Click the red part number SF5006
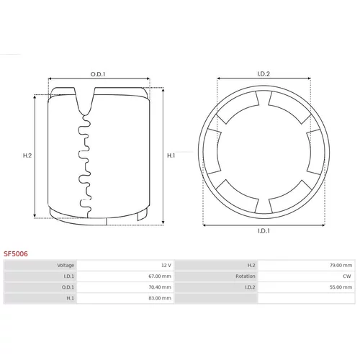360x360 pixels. point(16,253)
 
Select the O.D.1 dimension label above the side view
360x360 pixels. point(98,74)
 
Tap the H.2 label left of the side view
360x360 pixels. point(27,156)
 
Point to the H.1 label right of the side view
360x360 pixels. point(171,156)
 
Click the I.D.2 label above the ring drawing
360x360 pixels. point(264,74)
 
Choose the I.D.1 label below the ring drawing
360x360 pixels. point(264,231)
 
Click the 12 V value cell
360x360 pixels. point(166,265)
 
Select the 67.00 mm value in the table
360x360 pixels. point(160,276)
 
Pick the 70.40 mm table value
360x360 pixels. point(160,287)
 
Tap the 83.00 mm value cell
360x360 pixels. point(160,298)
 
